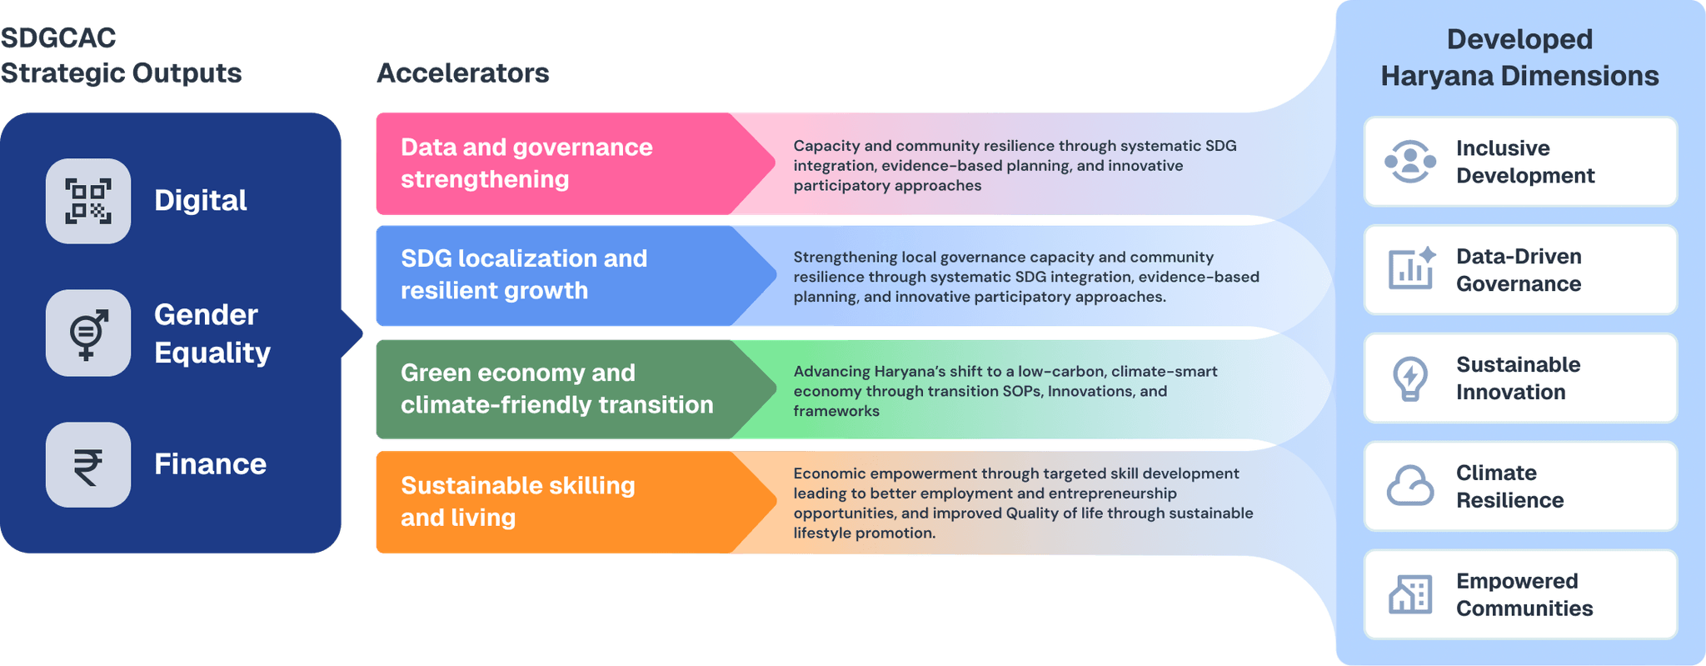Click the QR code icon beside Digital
click(x=88, y=201)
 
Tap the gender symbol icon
click(x=88, y=333)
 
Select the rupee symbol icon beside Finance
click(x=88, y=465)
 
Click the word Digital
click(x=201, y=201)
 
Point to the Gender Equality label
click(x=212, y=333)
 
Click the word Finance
click(x=210, y=464)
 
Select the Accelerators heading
click(x=462, y=73)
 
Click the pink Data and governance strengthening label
click(x=526, y=163)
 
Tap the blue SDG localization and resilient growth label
click(x=524, y=274)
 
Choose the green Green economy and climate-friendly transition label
click(x=556, y=388)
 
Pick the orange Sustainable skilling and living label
click(x=517, y=501)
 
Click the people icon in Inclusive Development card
click(x=1410, y=162)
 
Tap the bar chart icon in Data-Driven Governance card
click(x=1410, y=269)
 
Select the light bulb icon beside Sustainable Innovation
click(x=1410, y=378)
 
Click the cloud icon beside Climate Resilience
click(x=1410, y=486)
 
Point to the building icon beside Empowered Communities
click(x=1410, y=594)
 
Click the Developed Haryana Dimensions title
click(x=1519, y=58)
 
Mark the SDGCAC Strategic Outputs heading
click(x=121, y=56)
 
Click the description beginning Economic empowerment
click(x=1023, y=503)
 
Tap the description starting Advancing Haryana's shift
click(x=1005, y=391)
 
